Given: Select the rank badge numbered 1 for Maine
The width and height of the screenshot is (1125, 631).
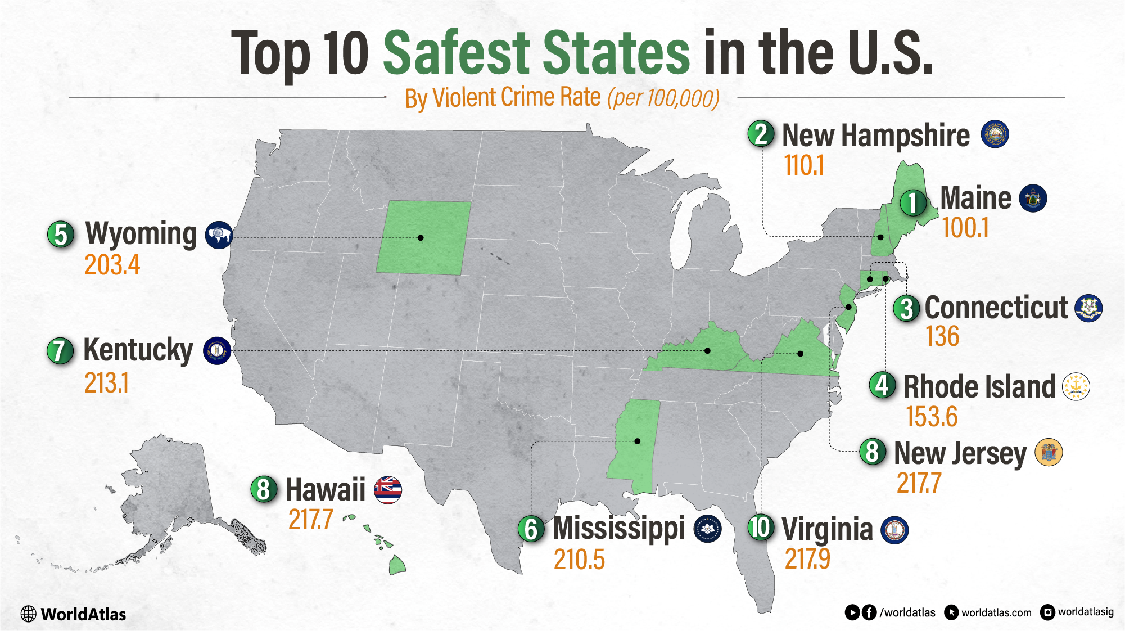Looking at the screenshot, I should tap(913, 202).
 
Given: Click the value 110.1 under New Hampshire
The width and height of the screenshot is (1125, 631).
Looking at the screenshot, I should tap(804, 166).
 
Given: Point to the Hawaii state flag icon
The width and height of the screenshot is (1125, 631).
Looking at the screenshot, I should tap(388, 490).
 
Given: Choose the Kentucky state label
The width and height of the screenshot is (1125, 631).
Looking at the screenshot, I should tap(138, 350).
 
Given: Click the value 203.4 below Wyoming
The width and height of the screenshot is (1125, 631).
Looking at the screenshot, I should tap(112, 265).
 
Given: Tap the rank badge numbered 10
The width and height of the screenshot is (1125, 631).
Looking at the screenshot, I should tap(761, 528).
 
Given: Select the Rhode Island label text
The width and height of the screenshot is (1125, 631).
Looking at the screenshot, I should tap(979, 387).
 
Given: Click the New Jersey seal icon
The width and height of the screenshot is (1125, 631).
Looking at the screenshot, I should tap(1049, 452).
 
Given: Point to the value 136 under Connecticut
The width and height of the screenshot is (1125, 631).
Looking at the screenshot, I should tap(942, 336).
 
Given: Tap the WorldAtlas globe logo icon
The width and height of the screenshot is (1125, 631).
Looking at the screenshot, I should tap(28, 614).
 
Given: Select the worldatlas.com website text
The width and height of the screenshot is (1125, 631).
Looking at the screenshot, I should tap(996, 612).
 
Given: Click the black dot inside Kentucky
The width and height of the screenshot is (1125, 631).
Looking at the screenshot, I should tap(707, 351).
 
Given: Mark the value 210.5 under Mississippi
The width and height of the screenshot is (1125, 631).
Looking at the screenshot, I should tap(579, 560).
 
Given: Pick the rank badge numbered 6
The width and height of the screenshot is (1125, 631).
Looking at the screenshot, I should tap(531, 529).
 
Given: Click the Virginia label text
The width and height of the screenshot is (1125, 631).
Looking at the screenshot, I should tap(827, 530).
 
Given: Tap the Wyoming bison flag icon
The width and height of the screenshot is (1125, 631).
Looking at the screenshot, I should tap(219, 235).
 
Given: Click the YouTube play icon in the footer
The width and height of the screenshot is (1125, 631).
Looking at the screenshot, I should tap(852, 612).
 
